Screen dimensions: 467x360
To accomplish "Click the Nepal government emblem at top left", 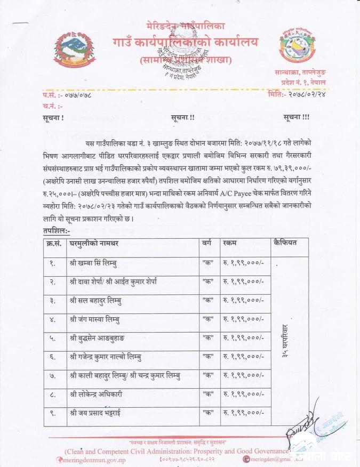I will click(68, 52).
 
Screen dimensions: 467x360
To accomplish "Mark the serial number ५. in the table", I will click(52, 337).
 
